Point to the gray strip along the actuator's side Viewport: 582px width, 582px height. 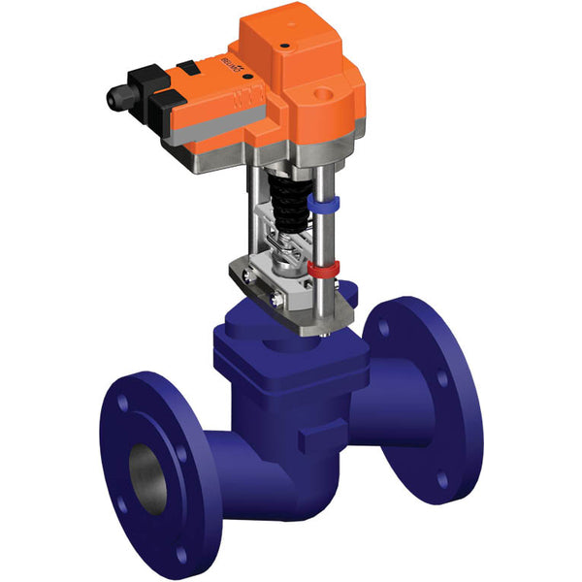point(209,121)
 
